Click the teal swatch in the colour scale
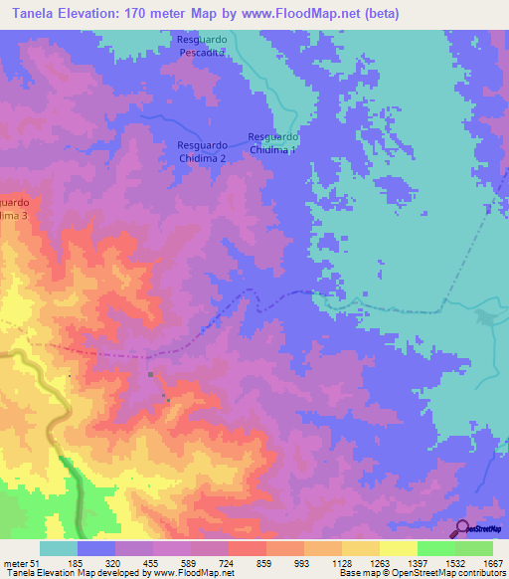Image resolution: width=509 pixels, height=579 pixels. coord(59,548)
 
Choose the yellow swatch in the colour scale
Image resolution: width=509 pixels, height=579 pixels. coord(398,548)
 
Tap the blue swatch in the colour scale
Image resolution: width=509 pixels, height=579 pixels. coord(96,548)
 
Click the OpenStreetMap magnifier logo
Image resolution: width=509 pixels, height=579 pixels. coord(462,529)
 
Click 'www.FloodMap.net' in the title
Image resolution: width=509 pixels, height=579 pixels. coord(288,13)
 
